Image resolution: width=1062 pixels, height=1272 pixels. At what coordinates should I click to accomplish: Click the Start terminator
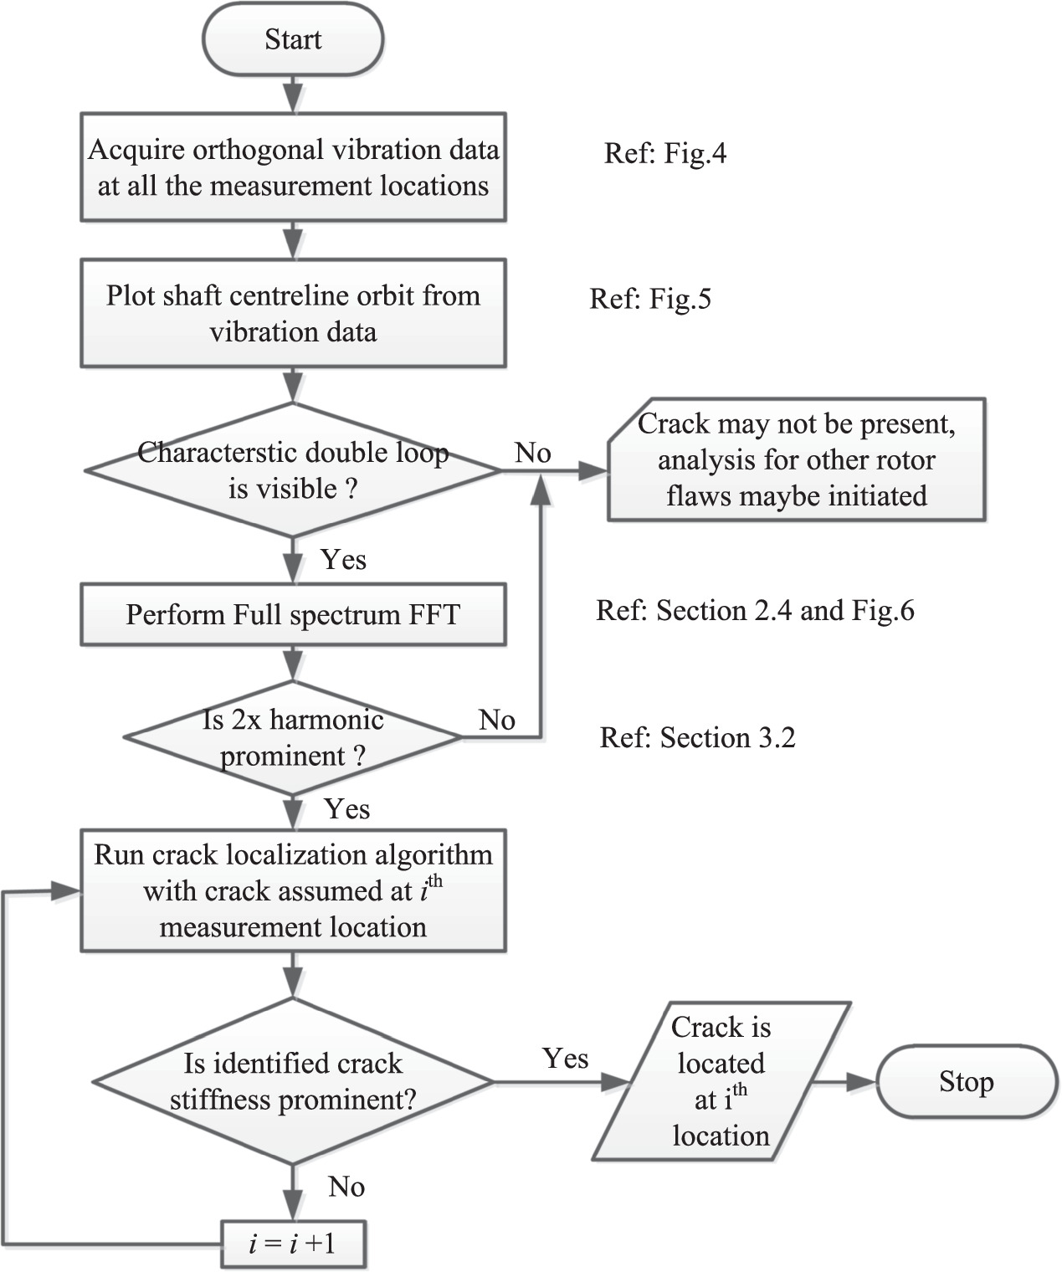click(x=293, y=39)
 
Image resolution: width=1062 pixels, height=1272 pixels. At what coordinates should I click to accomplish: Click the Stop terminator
click(x=967, y=1081)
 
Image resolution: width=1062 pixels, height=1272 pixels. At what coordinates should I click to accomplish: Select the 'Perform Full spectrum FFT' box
click(x=293, y=615)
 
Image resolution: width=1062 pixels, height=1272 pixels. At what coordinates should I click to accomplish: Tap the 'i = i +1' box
click(x=293, y=1244)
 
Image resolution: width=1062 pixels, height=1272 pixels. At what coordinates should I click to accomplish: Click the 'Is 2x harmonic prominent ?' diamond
click(x=293, y=737)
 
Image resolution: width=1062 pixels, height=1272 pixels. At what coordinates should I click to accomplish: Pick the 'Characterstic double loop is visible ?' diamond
click(x=293, y=470)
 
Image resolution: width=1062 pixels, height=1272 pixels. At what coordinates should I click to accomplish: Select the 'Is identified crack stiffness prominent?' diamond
click(x=293, y=1081)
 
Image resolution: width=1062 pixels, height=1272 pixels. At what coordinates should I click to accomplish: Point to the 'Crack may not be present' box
click(x=796, y=460)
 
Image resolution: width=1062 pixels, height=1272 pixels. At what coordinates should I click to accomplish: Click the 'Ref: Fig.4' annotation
click(x=665, y=153)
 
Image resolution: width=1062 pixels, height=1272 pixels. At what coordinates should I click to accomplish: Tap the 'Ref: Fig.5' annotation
click(x=650, y=299)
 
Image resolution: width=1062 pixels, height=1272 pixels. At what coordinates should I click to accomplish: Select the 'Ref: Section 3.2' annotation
click(x=697, y=737)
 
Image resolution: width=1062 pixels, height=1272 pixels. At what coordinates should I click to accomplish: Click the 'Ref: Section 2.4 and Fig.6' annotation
click(x=755, y=610)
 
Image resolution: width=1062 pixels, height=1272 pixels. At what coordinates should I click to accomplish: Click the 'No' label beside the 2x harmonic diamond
click(x=496, y=719)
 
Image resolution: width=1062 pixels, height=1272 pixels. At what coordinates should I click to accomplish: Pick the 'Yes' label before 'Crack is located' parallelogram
click(x=565, y=1058)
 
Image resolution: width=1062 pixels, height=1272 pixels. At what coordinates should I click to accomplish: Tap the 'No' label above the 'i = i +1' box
click(x=346, y=1186)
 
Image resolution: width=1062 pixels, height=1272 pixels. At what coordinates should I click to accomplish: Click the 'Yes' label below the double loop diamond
click(x=343, y=559)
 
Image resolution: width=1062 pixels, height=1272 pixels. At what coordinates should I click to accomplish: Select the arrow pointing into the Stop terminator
click(x=845, y=1081)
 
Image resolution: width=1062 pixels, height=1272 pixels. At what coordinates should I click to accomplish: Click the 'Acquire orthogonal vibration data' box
click(x=293, y=167)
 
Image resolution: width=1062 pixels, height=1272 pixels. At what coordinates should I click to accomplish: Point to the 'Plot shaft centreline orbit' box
click(x=293, y=313)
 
